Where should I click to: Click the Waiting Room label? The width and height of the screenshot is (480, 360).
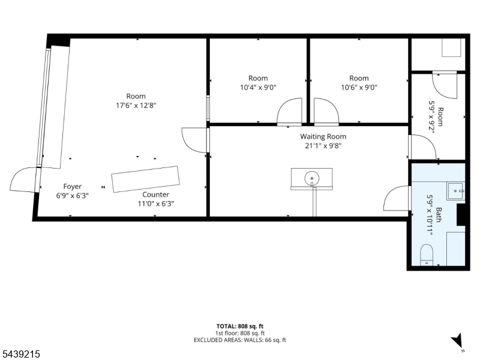[x=323, y=137]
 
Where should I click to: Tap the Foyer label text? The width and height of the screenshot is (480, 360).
[x=72, y=187]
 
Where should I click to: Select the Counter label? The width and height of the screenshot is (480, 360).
[x=155, y=194]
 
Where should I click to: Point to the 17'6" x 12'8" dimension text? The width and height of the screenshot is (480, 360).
[x=136, y=106]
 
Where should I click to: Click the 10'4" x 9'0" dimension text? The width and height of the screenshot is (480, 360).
[x=258, y=88]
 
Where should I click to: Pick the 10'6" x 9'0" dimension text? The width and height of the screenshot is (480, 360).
[x=359, y=88]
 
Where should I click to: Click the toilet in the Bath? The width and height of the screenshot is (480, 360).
[x=427, y=254]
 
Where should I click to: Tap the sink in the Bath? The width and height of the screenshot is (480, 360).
[x=456, y=191]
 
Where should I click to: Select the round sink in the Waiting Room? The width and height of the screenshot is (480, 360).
[x=311, y=178]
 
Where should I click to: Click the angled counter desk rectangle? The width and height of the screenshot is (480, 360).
[x=145, y=179]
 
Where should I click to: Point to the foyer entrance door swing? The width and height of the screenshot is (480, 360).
[x=23, y=179]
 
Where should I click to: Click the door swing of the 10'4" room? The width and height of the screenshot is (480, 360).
[x=289, y=112]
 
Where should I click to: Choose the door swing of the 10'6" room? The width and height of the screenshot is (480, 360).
[x=326, y=112]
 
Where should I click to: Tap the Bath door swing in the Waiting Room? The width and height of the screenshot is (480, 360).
[x=397, y=198]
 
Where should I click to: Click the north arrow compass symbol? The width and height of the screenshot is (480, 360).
[x=457, y=340]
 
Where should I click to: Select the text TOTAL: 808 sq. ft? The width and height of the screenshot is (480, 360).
[x=239, y=326]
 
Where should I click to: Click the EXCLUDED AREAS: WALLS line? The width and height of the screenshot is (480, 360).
[x=239, y=340]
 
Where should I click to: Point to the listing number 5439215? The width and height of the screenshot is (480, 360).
[x=20, y=354]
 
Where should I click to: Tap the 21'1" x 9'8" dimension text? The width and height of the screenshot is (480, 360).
[x=323, y=146]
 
